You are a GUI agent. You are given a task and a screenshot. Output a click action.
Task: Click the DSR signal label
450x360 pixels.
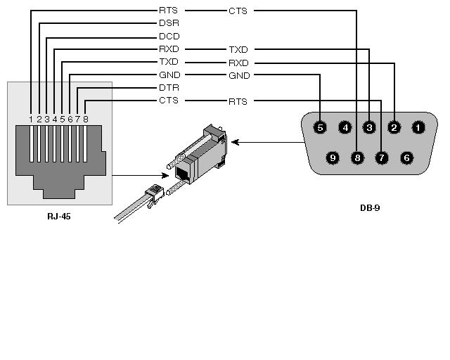pos(169,23)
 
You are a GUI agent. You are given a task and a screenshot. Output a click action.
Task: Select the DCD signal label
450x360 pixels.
pos(169,36)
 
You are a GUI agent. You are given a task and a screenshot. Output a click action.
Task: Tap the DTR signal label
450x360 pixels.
pos(169,88)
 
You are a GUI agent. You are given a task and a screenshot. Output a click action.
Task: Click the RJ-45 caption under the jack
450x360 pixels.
pos(59,217)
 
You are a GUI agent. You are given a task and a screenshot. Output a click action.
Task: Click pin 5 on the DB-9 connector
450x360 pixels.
pos(321,127)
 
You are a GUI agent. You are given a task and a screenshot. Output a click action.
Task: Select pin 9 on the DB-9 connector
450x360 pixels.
pos(333,157)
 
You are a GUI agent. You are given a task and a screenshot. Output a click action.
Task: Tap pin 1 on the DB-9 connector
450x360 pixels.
pos(418,127)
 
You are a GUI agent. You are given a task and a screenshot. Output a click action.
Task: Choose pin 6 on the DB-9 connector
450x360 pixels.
pos(406,157)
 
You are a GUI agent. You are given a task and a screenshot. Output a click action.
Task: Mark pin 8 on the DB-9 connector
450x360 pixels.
pos(357,157)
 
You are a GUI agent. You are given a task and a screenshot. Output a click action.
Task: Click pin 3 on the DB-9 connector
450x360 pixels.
pos(369,127)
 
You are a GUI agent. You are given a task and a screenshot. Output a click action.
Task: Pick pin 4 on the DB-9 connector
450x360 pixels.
pos(345,127)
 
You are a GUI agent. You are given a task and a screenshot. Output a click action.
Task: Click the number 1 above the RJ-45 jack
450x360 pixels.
pos(32,118)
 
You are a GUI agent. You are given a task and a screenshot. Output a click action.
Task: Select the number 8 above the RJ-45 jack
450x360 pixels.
pos(86,118)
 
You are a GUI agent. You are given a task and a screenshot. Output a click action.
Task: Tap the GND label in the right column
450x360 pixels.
pos(238,75)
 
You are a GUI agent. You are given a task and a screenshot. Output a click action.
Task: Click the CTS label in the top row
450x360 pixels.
pos(238,11)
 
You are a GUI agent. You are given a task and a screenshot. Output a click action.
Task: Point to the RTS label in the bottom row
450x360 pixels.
pos(238,101)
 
